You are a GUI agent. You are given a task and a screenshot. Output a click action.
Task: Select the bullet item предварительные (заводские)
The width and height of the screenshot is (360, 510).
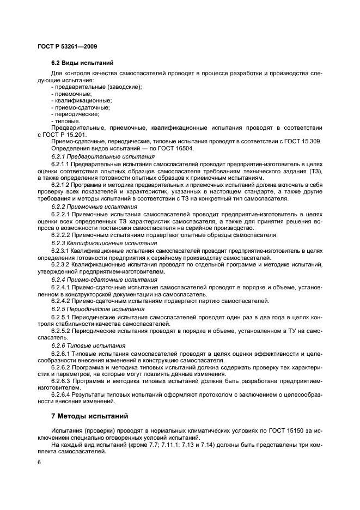pyautogui.click(x=96, y=87)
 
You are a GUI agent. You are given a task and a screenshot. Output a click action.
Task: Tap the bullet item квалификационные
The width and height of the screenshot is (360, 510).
pyautogui.click(x=81, y=101)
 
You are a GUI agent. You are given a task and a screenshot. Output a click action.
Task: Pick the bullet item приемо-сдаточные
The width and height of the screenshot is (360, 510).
pyautogui.click(x=81, y=107)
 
